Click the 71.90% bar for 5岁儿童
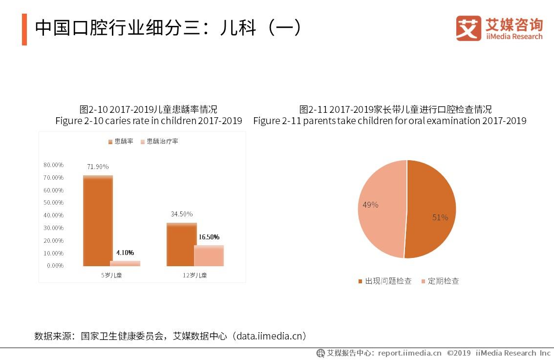[x=98, y=221]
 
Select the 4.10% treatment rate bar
[x=125, y=263]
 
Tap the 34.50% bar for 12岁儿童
[x=181, y=244]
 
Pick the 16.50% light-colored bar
[x=209, y=255]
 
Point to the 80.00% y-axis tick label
[x=53, y=165]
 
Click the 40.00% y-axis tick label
[x=53, y=215]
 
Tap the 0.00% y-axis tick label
[x=55, y=266]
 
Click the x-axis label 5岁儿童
[x=111, y=275]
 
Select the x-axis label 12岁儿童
[x=195, y=275]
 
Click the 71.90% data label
[x=98, y=167]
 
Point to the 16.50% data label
[x=209, y=237]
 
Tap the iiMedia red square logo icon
[x=469, y=28]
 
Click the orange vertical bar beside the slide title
[x=24, y=29]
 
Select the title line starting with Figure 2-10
[x=149, y=121]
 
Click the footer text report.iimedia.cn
[x=409, y=353]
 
